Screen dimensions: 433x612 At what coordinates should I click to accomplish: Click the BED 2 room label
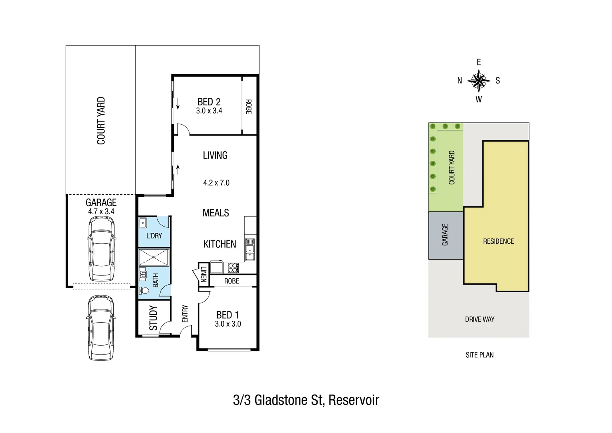tap(209, 102)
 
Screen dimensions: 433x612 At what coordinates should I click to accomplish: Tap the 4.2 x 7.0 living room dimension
tap(216, 183)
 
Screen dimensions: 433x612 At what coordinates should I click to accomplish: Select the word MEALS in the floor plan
tap(215, 213)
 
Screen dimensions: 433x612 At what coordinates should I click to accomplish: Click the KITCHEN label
tap(219, 244)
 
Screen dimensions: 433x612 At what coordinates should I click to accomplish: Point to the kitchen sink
tap(250, 249)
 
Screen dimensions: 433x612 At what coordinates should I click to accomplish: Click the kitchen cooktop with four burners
tap(233, 267)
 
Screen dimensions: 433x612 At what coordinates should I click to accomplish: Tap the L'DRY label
tap(154, 236)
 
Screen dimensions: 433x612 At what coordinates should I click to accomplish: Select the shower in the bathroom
tap(154, 258)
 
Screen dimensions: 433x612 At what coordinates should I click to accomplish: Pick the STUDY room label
tap(153, 318)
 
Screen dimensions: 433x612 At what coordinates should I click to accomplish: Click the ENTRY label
tap(185, 314)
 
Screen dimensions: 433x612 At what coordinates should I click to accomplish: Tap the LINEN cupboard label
tap(203, 274)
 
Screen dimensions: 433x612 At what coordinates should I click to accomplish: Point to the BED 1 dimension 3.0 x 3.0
tap(228, 324)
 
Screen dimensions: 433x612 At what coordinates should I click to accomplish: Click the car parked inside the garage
tap(101, 249)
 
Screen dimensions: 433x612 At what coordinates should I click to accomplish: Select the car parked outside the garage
tap(101, 328)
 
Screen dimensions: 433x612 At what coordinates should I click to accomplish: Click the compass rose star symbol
tap(479, 81)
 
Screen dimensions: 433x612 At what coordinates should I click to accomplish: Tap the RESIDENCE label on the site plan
tap(498, 241)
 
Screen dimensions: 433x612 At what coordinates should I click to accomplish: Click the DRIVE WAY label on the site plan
tap(479, 320)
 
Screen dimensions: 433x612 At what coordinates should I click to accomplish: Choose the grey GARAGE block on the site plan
tap(445, 235)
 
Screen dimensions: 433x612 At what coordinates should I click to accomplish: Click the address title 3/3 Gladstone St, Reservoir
tap(306, 400)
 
